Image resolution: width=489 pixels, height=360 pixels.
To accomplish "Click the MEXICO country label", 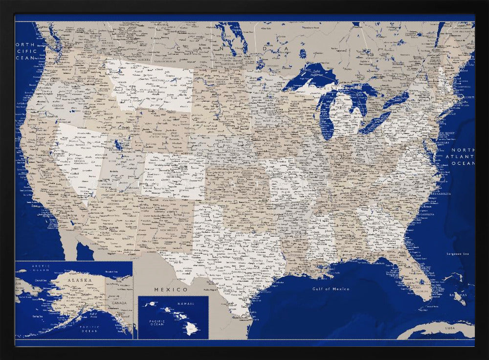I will point(171,290).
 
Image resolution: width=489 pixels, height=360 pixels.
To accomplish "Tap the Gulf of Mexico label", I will point(331,289).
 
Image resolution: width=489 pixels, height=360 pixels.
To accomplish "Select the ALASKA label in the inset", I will point(79,280).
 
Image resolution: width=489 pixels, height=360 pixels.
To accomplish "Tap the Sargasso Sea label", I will point(458,253).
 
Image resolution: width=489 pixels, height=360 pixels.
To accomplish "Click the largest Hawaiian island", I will point(191,329).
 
